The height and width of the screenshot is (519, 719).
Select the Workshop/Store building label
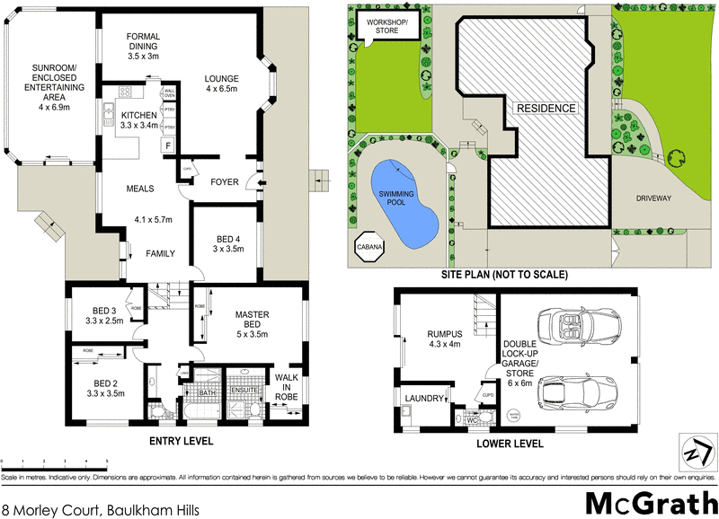(386, 25)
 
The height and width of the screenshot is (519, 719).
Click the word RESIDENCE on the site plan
(546, 108)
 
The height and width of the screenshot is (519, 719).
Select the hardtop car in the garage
(571, 391)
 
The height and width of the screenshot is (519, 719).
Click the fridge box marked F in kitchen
(167, 145)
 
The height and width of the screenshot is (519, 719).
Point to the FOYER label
(225, 182)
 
